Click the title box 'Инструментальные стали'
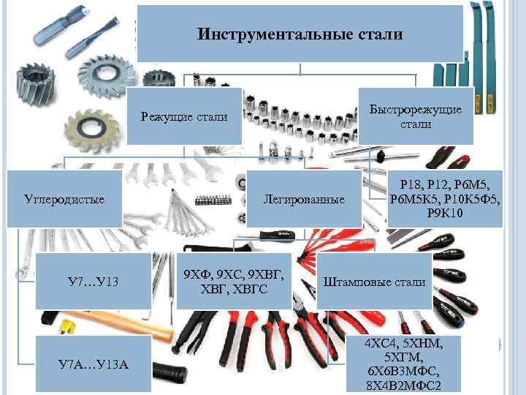click(x=300, y=34)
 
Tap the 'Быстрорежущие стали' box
click(x=415, y=116)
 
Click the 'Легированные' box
click(x=304, y=199)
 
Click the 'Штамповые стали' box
click(x=374, y=282)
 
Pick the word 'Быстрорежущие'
click(x=415, y=109)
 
